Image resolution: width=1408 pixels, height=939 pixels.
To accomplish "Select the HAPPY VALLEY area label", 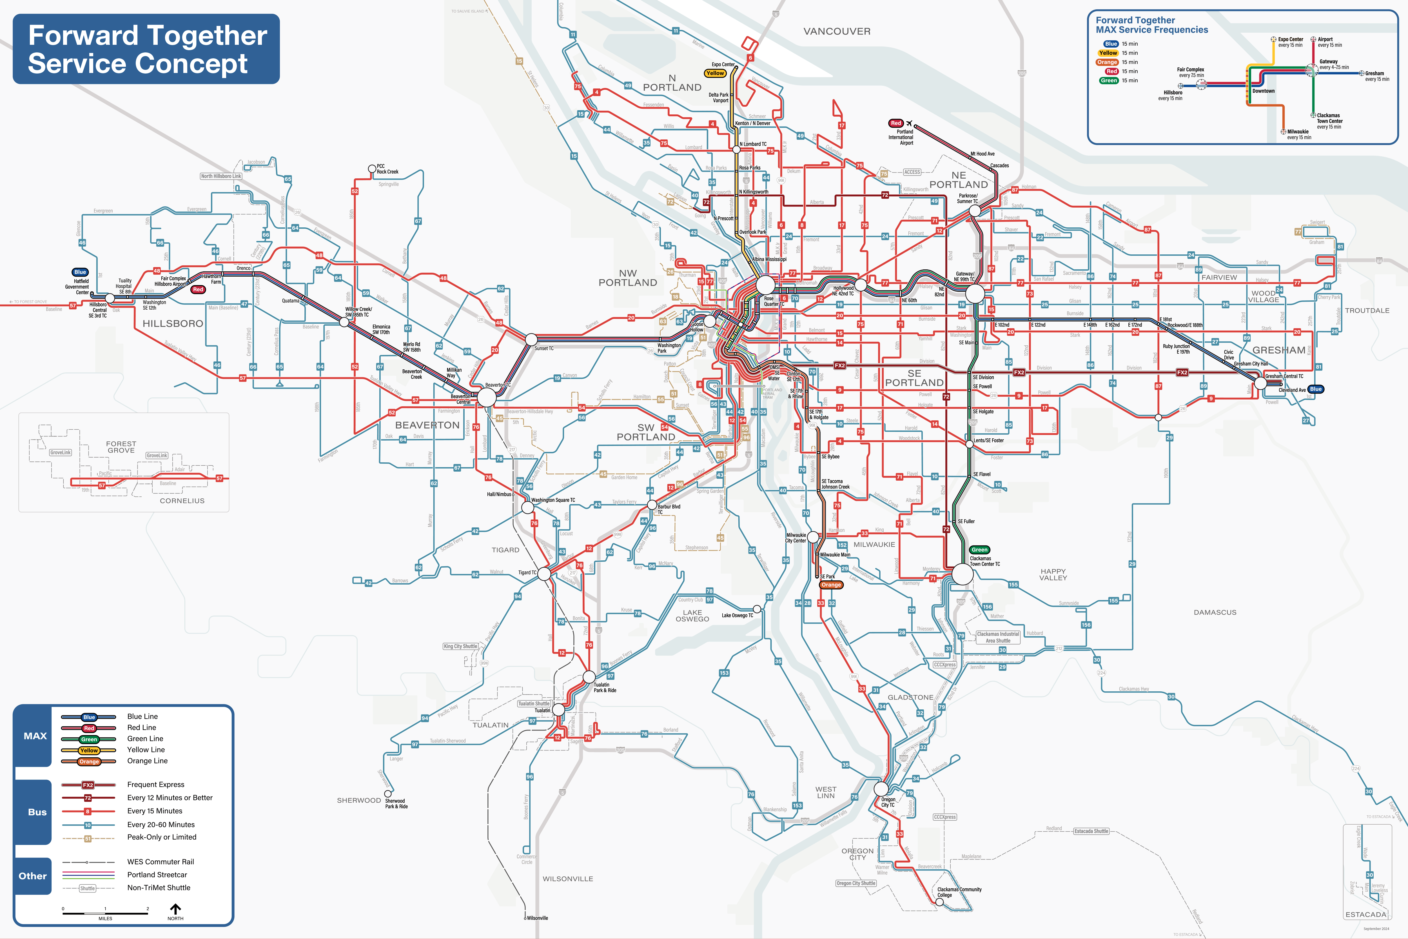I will point(1053,574).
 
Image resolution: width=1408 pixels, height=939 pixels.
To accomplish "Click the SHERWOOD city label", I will point(358,800).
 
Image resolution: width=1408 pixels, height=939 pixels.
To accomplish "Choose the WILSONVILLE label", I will point(567,878).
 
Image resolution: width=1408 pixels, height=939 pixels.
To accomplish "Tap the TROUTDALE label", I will point(1367,310).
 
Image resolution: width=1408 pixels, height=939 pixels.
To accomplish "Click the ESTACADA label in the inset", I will point(1365,914).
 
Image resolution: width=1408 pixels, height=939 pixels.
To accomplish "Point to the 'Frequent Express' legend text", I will point(156,785).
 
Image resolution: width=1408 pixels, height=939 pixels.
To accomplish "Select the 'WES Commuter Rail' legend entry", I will point(161,862).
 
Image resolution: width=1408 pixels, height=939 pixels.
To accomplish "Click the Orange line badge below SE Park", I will point(831,585).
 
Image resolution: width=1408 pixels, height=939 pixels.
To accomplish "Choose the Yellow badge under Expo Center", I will point(715,73).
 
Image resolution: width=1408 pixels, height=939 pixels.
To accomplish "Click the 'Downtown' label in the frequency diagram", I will point(1263,91).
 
